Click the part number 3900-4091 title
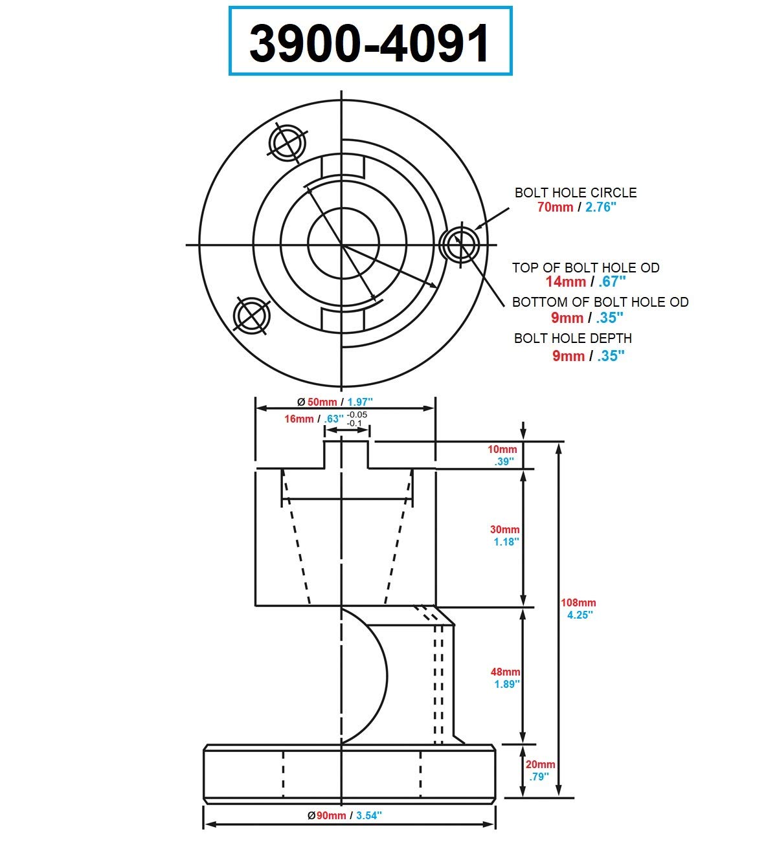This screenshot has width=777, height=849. click(x=370, y=42)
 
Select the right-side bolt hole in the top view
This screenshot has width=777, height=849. click(x=459, y=245)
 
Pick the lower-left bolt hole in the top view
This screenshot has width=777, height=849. click(x=252, y=316)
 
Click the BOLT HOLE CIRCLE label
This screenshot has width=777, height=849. click(x=575, y=193)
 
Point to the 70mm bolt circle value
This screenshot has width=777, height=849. click(x=555, y=207)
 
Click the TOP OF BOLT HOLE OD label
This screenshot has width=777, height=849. click(x=585, y=268)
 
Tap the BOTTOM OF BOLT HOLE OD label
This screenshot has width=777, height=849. click(x=600, y=302)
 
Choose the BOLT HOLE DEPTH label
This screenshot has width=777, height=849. click(x=572, y=338)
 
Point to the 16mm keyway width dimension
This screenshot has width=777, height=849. click(x=299, y=419)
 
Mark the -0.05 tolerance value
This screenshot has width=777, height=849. click(x=357, y=415)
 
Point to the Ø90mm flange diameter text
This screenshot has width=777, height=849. click(x=326, y=815)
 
